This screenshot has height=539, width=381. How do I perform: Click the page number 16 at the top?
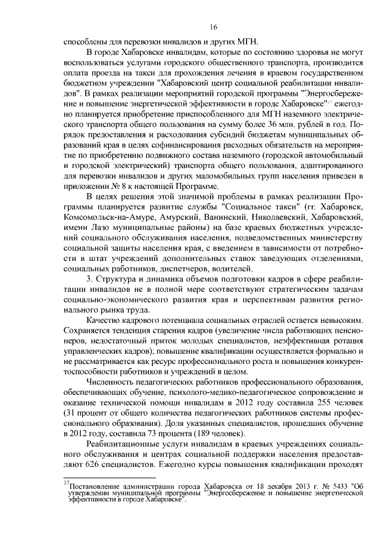[x=214, y=27]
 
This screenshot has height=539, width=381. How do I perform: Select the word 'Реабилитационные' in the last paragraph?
[x=123, y=444]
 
